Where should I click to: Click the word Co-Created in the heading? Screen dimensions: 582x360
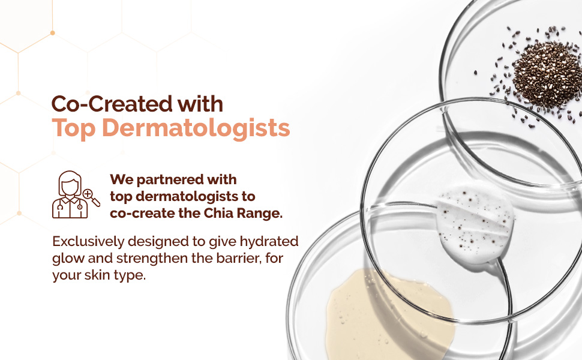[112, 104]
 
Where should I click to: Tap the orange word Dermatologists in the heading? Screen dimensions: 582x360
[196, 128]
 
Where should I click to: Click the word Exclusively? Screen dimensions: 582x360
[88, 242]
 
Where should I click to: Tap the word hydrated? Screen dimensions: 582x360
[269, 242]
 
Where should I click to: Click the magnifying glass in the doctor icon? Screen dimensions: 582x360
[91, 197]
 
